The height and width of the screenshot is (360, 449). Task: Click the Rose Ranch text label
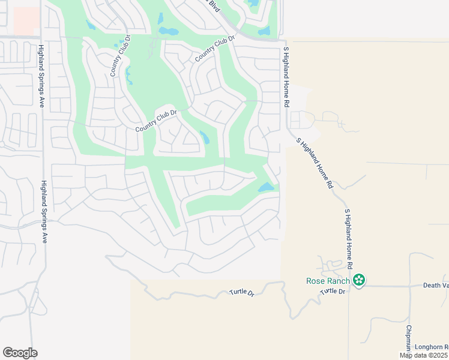point(328,280)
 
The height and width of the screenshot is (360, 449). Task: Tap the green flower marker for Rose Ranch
point(359,280)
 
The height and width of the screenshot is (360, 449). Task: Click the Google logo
point(20,353)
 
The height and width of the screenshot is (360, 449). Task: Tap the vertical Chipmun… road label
point(408,338)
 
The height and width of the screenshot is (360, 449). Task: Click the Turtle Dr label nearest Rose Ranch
point(333,292)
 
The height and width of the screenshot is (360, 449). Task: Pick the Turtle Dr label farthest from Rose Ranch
point(242,293)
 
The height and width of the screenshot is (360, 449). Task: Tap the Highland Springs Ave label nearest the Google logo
point(44,212)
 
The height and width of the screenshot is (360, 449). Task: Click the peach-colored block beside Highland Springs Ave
point(26,21)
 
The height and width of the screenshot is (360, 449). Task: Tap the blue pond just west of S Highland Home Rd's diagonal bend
point(266,187)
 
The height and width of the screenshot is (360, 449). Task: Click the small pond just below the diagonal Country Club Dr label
point(205,137)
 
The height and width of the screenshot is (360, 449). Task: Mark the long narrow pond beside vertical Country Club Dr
point(129,75)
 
